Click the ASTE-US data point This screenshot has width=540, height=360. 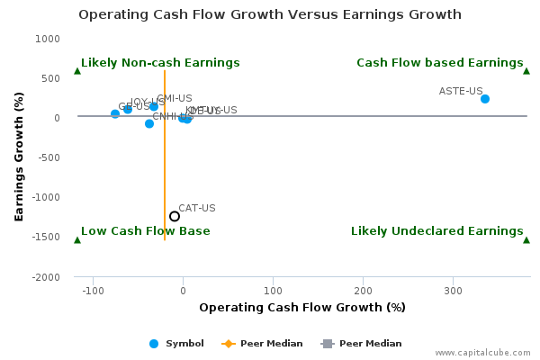pyautogui.click(x=484, y=99)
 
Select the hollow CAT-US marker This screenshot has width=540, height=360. pyautogui.click(x=175, y=216)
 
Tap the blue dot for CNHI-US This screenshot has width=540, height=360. pyautogui.click(x=149, y=123)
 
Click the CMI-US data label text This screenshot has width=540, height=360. pyautogui.click(x=175, y=98)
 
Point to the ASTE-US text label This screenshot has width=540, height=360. pyautogui.click(x=461, y=91)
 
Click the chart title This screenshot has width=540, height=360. pyautogui.click(x=270, y=14)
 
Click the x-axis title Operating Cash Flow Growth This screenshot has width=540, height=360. pyautogui.click(x=302, y=308)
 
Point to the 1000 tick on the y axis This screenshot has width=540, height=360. pyautogui.click(x=48, y=39)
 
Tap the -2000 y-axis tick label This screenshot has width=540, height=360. pyautogui.click(x=46, y=277)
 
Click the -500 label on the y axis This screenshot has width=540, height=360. pyautogui.click(x=48, y=157)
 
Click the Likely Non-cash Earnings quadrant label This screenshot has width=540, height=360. pyautogui.click(x=160, y=63)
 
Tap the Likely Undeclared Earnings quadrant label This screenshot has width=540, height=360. pyautogui.click(x=436, y=231)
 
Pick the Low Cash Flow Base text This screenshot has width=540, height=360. pyautogui.click(x=145, y=231)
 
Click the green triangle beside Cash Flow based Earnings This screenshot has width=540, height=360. pyautogui.click(x=526, y=70)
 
